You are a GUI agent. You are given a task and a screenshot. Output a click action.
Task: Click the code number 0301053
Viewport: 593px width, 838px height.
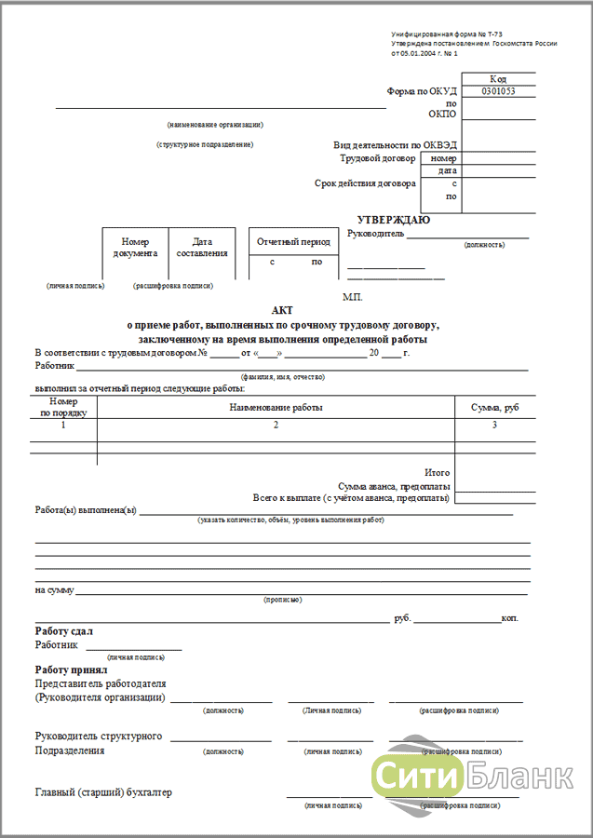point(498,92)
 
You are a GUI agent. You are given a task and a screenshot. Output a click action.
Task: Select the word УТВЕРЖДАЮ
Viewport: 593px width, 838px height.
point(395,220)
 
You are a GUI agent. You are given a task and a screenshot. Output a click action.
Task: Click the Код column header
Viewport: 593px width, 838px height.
point(498,79)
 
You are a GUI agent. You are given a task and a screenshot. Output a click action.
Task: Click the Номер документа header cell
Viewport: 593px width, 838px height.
point(136,247)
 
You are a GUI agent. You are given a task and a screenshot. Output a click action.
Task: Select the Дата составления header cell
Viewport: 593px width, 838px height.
point(202,247)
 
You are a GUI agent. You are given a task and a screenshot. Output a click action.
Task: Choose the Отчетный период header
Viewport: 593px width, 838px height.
point(292,242)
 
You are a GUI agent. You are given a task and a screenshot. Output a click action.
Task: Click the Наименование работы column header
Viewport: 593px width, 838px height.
point(276,408)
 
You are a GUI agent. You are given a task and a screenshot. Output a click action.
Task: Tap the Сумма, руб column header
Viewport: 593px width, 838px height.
point(495,408)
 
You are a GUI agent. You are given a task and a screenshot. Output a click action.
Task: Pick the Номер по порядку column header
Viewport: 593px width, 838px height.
point(63,407)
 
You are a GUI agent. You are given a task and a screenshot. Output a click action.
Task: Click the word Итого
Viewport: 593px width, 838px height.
point(438,472)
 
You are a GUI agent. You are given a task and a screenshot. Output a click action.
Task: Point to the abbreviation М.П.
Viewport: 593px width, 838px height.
point(352,296)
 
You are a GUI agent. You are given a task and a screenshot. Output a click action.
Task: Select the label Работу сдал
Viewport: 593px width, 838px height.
point(64,631)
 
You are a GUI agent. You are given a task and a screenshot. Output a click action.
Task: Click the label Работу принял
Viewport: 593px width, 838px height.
point(72,669)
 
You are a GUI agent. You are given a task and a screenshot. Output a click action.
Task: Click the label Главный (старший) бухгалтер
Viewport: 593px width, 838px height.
point(103,792)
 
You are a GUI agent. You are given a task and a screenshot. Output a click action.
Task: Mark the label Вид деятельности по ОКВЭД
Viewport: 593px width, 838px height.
point(395,145)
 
